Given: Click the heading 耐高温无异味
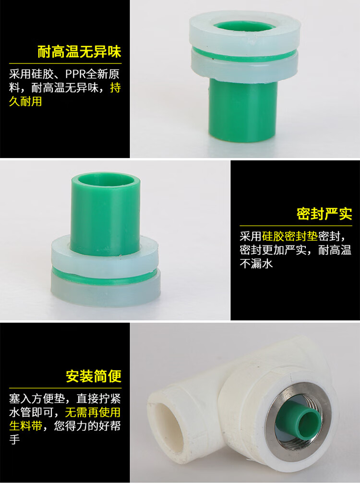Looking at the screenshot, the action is tap(79, 52).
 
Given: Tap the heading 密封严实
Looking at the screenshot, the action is tap(324, 214).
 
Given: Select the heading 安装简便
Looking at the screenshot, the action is tap(94, 376).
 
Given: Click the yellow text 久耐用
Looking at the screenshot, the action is tap(25, 101).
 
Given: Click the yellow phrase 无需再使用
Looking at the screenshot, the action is tap(93, 412).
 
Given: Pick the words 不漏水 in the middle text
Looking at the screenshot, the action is tap(256, 264).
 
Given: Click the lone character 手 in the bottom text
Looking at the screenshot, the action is tap(14, 439).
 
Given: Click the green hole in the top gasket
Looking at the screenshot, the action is tap(244, 27).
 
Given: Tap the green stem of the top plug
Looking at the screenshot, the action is tap(242, 110).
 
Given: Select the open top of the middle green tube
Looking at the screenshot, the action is tap(106, 179).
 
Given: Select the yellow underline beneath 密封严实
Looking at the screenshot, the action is tap(296, 226).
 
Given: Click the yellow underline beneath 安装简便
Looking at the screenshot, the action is tap(65, 388).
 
